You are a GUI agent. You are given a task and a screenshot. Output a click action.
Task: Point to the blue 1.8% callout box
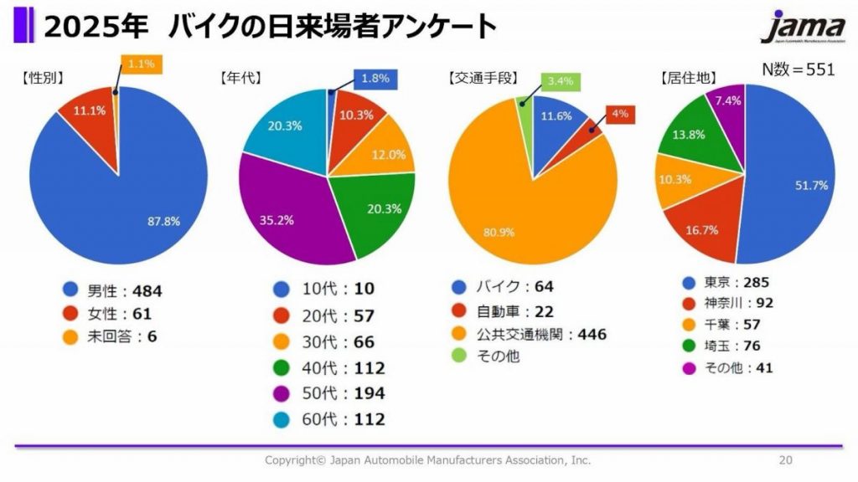click(x=375, y=79)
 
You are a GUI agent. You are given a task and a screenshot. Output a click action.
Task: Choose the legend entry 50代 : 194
click(x=327, y=393)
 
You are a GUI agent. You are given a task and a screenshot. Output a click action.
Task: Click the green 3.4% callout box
click(x=559, y=81)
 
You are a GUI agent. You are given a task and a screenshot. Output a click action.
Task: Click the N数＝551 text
click(x=798, y=69)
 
